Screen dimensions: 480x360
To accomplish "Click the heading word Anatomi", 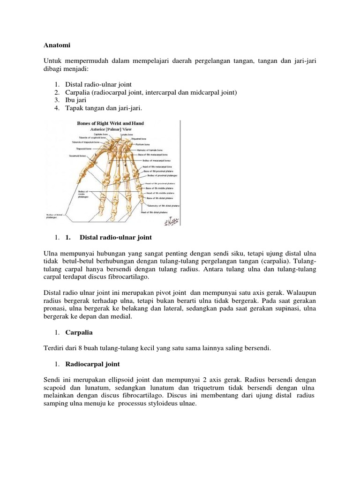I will coord(57,46).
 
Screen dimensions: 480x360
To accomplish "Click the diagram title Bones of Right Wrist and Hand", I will coord(110,123).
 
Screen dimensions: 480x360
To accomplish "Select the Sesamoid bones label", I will coord(77,155).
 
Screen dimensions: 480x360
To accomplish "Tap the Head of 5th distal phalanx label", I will coord(155,212).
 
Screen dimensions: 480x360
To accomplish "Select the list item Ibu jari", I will coord(76,100).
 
